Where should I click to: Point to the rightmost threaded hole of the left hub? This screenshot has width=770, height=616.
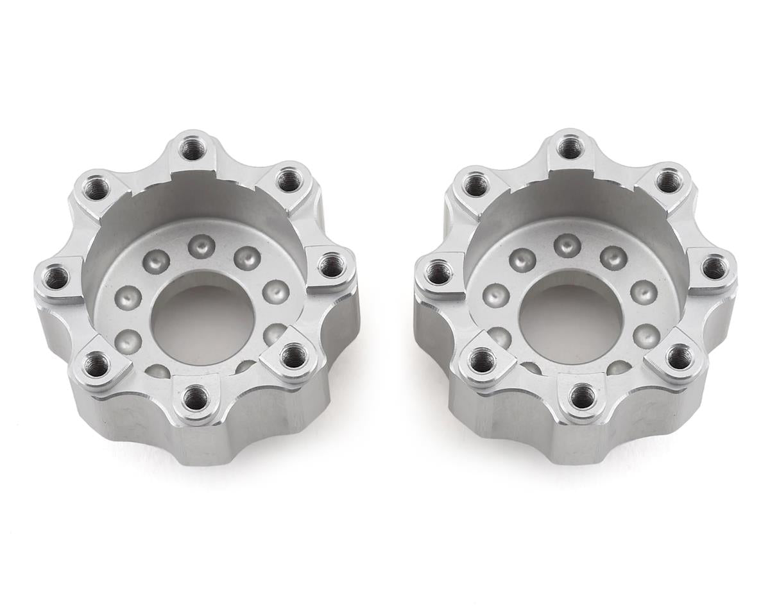330,265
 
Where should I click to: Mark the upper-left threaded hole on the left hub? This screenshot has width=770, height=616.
94,189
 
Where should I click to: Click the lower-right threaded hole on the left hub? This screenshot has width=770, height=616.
294,355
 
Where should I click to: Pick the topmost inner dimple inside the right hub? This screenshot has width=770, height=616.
567,244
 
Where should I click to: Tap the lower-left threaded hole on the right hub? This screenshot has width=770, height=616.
479,361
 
